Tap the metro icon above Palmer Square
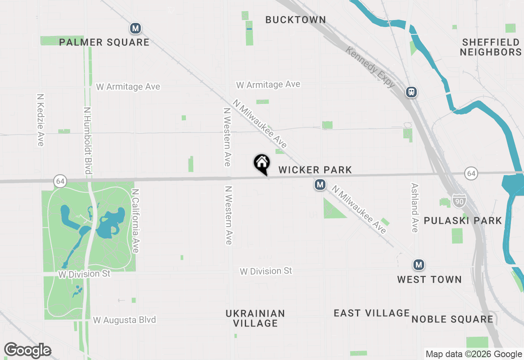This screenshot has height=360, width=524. [x=136, y=29]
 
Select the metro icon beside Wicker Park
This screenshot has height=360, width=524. [x=320, y=185]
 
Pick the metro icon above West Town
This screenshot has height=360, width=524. [x=418, y=265]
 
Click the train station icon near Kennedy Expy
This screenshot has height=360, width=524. [x=411, y=92]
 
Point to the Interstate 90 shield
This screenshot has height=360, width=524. [x=459, y=200]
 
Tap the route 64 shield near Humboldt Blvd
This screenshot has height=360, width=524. [x=60, y=181]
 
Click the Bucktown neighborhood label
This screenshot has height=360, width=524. [x=296, y=20]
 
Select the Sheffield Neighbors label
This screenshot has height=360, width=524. [x=490, y=47]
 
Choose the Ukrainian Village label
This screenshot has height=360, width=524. [x=255, y=318]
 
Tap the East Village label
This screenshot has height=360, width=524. [x=372, y=313]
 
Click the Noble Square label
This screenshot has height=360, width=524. [x=452, y=319]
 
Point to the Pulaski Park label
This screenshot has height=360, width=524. [x=463, y=221]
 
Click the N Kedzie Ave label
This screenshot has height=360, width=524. [x=40, y=120]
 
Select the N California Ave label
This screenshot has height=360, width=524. [x=136, y=220]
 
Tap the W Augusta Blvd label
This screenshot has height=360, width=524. [x=124, y=320]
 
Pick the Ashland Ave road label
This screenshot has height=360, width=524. [x=415, y=207]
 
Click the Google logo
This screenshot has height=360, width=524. [x=27, y=351]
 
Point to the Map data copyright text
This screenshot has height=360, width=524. [x=474, y=354]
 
